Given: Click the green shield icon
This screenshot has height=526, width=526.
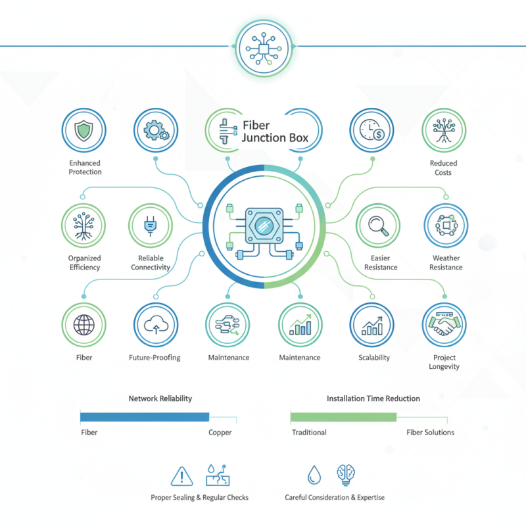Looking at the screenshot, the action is click(x=84, y=130).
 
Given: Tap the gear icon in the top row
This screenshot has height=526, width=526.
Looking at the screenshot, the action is click(x=156, y=130).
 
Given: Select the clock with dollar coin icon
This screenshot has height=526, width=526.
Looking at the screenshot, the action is click(x=371, y=130).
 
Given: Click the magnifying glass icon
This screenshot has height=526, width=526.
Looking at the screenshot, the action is click(x=379, y=226).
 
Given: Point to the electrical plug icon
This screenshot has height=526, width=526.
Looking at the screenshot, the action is click(x=151, y=226).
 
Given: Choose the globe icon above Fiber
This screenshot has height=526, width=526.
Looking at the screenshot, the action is click(x=84, y=325).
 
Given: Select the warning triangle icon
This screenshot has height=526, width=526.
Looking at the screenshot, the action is click(x=181, y=476).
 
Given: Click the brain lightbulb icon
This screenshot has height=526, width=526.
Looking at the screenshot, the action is click(x=346, y=475).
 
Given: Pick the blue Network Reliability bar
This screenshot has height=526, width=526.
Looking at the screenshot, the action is click(x=145, y=417).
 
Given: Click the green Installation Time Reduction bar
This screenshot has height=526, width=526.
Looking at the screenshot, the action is click(x=343, y=417).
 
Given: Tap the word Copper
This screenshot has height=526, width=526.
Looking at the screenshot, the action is click(x=220, y=433).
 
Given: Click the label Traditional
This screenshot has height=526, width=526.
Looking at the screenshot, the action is click(x=309, y=432).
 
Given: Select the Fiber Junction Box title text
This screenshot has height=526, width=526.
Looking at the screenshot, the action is click(x=275, y=131).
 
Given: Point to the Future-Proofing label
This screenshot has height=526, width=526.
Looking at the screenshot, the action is click(x=155, y=358).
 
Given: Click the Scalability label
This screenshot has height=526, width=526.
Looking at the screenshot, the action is click(x=374, y=358).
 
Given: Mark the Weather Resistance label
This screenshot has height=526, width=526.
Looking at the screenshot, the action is click(x=446, y=262).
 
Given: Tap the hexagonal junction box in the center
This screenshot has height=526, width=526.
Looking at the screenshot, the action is click(x=264, y=226).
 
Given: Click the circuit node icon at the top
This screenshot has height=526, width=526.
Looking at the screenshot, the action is click(x=264, y=49).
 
